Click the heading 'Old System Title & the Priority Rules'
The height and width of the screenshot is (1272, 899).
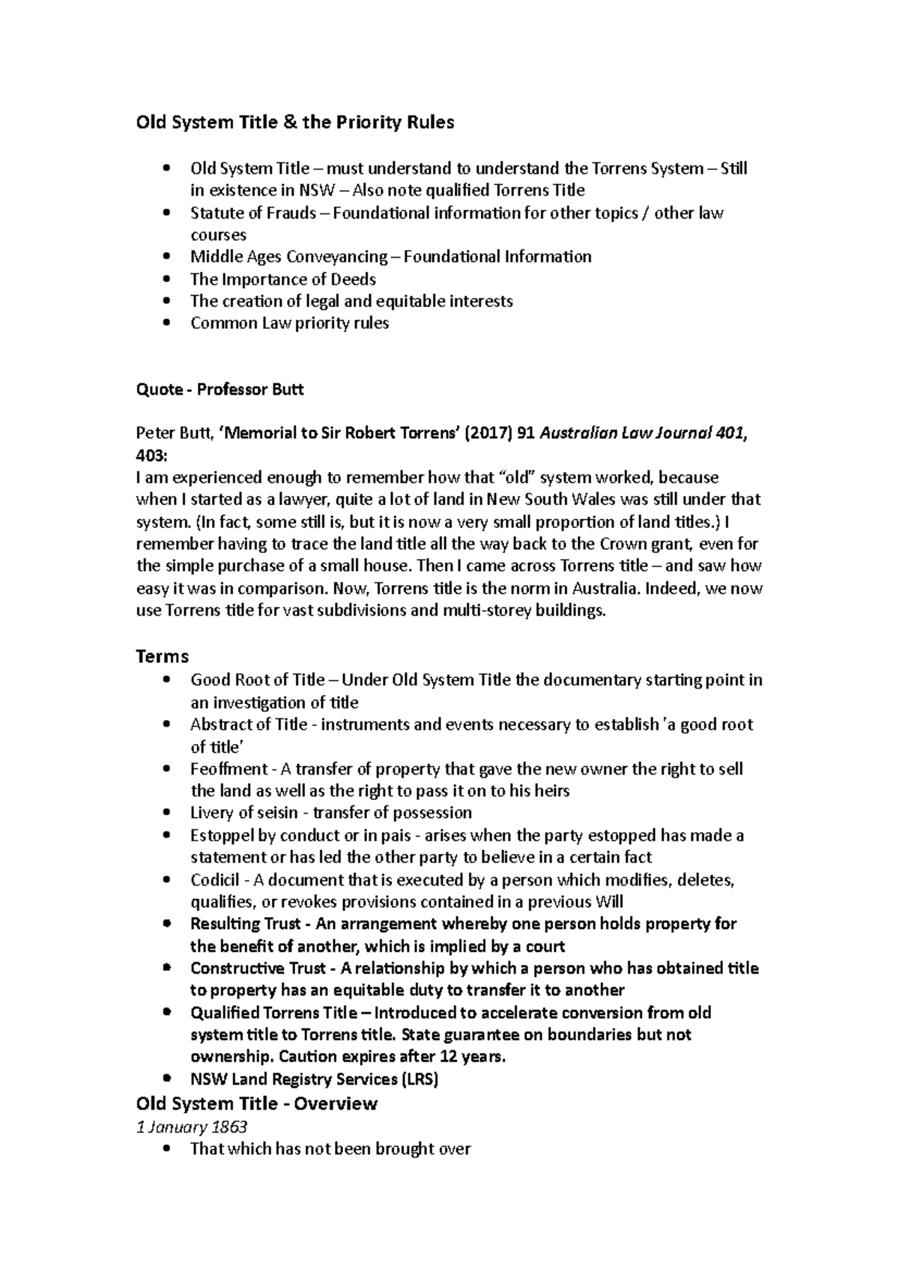[294, 122]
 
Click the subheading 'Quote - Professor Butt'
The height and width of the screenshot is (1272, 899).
[219, 390]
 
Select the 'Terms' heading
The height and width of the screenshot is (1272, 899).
[162, 656]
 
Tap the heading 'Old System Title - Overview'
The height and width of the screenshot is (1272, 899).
[256, 1103]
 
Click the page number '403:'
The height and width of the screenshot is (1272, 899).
[153, 455]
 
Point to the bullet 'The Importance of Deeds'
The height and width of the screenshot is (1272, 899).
[283, 279]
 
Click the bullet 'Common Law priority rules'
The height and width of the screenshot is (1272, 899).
[289, 324]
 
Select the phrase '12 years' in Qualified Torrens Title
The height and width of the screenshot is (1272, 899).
[476, 1057]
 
